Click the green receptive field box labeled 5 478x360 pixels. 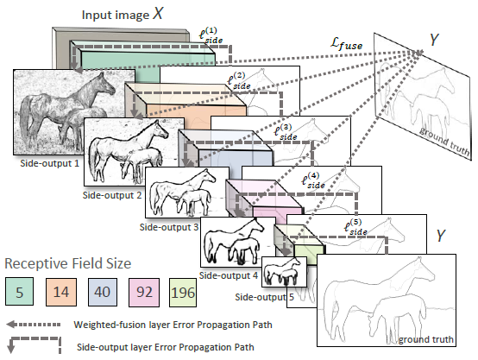tap(19, 291)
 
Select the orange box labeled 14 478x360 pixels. tap(61, 292)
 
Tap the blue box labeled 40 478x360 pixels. tap(103, 292)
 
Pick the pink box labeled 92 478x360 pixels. tap(144, 293)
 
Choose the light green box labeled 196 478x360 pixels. tap(183, 293)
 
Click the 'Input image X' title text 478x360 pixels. tap(123, 14)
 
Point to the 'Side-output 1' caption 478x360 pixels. tap(49, 163)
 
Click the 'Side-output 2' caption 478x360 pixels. tap(112, 195)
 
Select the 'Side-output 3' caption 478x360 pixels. tap(169, 227)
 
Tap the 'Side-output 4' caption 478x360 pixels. tap(229, 275)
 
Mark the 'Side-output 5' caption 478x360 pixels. tap(264, 297)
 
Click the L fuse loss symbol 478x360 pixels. tap(347, 43)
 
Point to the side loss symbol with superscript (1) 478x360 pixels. tap(211, 35)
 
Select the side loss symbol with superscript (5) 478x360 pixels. tap(355, 227)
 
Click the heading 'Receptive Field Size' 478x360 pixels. tap(68, 263)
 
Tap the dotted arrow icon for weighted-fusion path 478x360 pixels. tap(34, 325)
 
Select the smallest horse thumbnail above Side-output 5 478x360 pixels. tap(284, 272)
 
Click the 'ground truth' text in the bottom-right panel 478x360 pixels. tap(426, 339)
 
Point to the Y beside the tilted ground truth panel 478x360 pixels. tap(434, 40)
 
